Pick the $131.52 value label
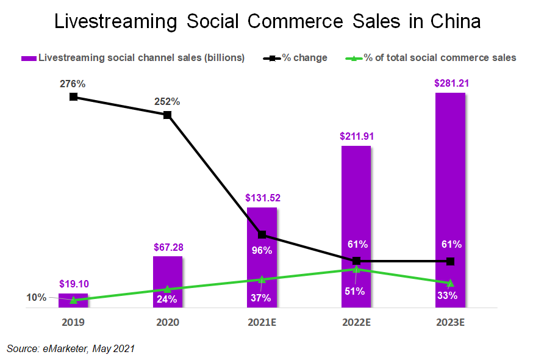262,198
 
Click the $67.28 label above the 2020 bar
168,247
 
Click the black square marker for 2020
168,115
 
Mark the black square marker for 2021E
262,234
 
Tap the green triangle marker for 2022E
356,268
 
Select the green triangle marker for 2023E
450,283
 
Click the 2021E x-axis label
262,322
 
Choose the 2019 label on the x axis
73,322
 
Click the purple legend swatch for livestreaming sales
29,58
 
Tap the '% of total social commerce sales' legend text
440,58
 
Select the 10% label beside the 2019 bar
36,298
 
